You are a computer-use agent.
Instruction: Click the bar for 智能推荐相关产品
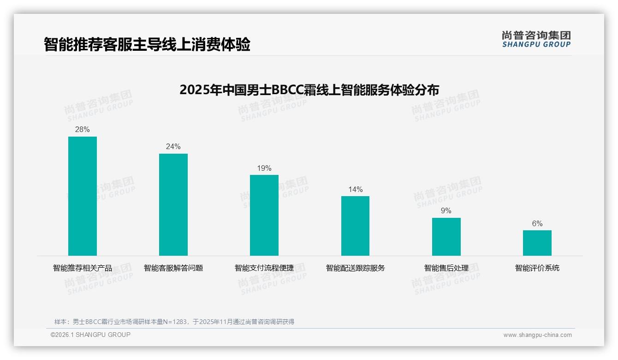coord(83,196)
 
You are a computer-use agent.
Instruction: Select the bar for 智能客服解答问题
coord(173,204)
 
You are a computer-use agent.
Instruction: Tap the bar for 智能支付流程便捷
coord(264,215)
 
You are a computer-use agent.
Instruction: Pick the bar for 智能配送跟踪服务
coord(355,226)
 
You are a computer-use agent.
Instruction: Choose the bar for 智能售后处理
coord(446,237)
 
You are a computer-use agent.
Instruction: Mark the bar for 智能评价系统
coord(537,243)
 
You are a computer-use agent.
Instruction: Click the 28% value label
coord(83,130)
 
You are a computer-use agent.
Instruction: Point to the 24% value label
coord(173,147)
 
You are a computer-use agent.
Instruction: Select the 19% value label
coord(264,168)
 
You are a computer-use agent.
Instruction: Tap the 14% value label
coord(355,189)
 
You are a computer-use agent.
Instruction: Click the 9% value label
coord(446,211)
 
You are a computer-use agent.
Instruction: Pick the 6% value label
coord(537,223)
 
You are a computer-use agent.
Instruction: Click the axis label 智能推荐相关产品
coord(83,268)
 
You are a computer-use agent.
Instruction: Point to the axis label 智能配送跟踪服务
coord(355,268)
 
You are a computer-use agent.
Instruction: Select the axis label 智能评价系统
coord(537,268)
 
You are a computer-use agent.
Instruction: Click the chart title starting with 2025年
coord(309,90)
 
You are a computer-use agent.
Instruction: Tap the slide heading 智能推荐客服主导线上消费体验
coord(147,44)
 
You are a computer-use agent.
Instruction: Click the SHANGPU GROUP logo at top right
coord(536,39)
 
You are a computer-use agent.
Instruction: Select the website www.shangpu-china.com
coord(537,335)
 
